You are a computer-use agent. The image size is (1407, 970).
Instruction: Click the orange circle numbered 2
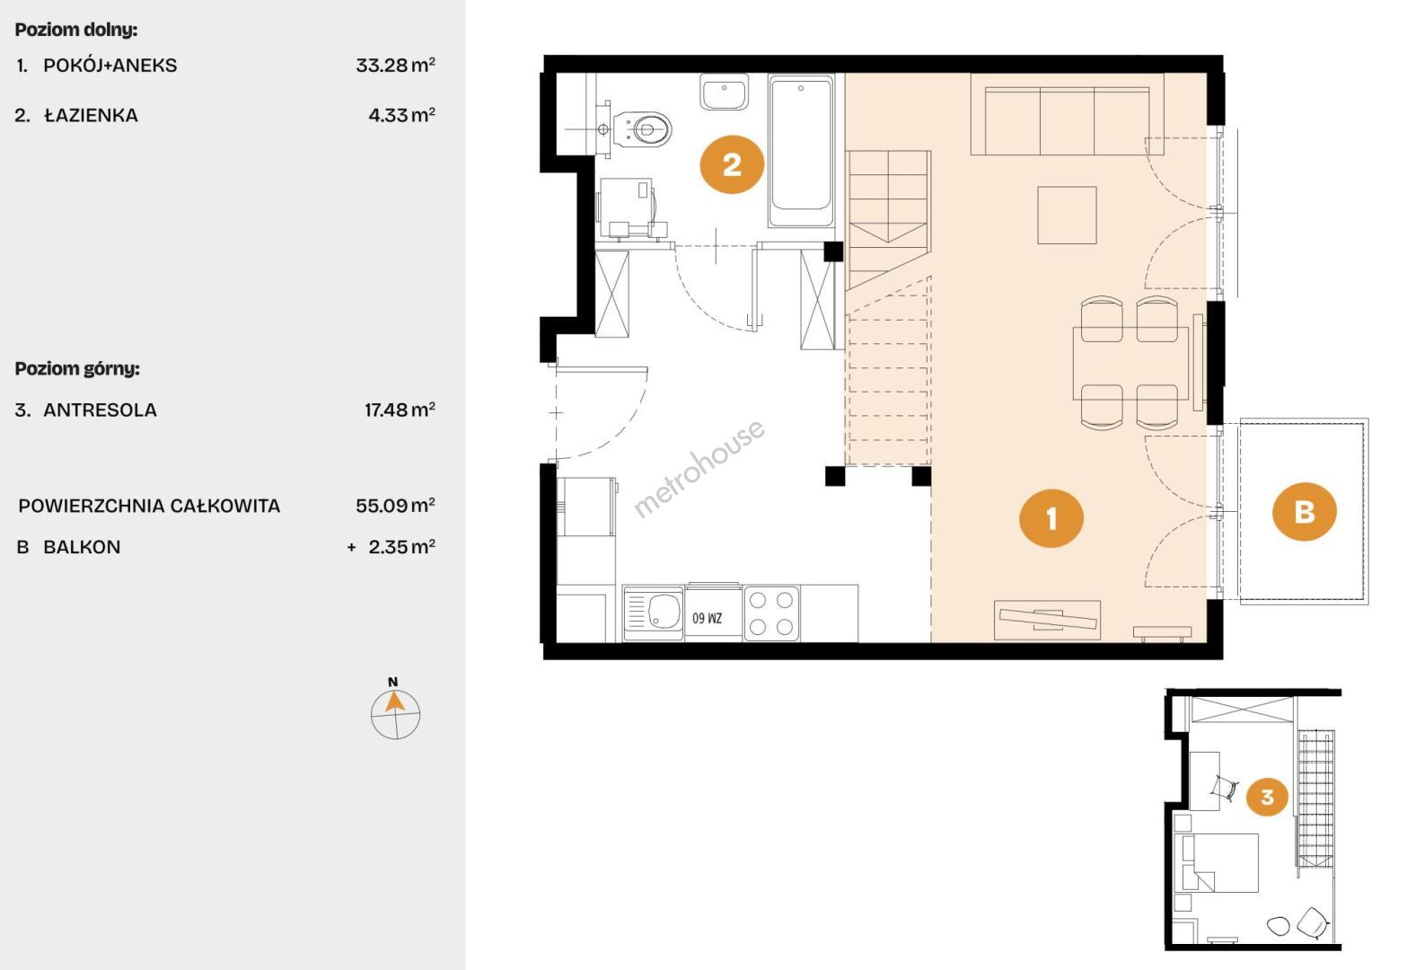732,164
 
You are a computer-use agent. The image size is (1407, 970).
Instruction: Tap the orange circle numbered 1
1051,518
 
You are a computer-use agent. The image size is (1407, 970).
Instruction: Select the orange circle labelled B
1304,511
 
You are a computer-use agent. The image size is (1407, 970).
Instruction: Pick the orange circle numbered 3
1267,797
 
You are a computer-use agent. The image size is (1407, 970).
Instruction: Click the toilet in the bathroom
641,129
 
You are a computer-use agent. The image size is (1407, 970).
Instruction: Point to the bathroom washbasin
725,93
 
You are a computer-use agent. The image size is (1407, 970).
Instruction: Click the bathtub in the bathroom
801,152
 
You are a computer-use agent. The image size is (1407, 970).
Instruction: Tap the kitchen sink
654,613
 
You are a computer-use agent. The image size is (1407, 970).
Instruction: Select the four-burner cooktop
771,613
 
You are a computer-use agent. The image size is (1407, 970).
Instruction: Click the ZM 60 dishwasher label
708,618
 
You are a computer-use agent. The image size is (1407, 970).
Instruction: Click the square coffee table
1067,215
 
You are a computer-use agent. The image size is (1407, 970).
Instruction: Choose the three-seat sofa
1067,114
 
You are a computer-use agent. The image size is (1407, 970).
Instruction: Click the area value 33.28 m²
395,65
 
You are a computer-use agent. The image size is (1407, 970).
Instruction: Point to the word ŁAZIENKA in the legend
91,116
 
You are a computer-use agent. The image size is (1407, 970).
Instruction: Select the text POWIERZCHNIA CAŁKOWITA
149,506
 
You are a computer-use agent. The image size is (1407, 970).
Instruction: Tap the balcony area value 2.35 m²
401,547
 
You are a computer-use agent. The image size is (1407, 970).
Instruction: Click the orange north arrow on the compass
394,701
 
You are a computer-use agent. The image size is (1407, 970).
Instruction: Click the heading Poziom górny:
77,369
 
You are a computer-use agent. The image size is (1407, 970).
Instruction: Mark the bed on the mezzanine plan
1220,862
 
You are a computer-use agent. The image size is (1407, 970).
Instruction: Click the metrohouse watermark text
699,470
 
